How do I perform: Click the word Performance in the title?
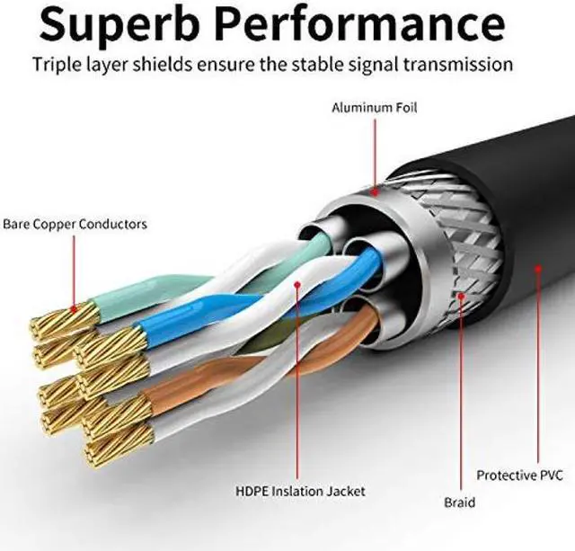click(x=376, y=24)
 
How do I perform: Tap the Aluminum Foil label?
click(x=375, y=108)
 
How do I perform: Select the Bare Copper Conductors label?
click(x=75, y=224)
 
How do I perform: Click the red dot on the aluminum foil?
click(x=375, y=190)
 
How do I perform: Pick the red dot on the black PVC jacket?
click(x=537, y=266)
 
